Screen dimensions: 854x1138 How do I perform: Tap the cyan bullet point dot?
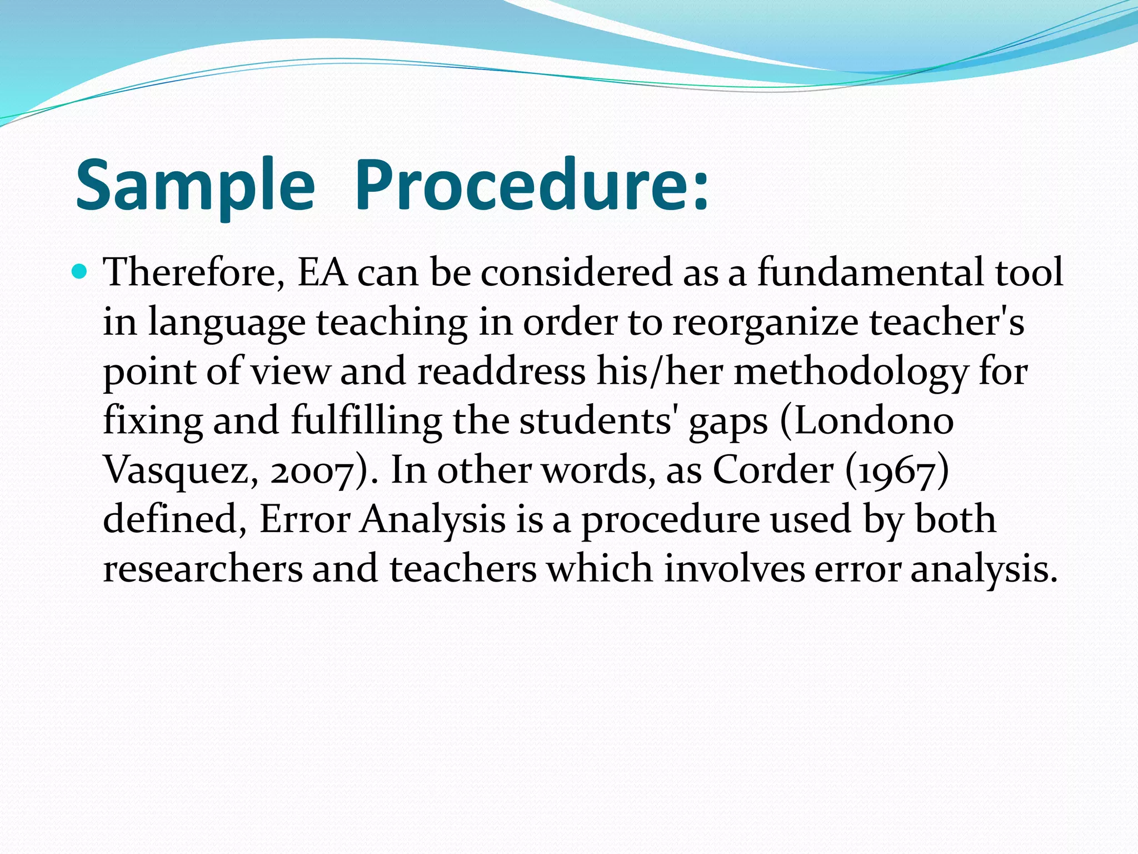81,272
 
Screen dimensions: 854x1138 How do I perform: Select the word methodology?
851,372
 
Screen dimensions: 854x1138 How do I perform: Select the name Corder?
773,470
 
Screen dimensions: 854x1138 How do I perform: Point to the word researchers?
203,569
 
